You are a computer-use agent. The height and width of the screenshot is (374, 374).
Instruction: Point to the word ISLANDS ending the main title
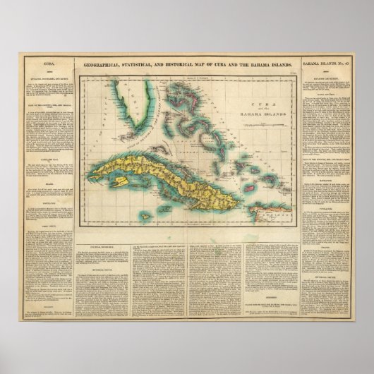[275, 65]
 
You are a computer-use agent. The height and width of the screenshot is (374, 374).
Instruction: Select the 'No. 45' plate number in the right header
[345, 65]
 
